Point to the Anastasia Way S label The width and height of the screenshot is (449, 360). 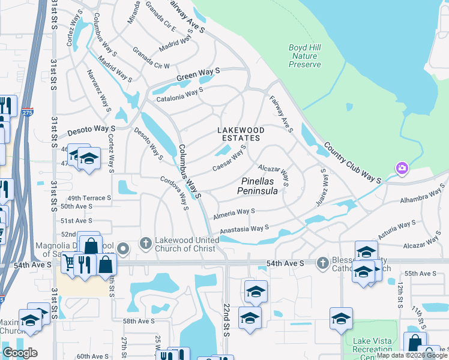tap(244, 229)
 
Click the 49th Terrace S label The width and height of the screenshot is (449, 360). tap(89, 197)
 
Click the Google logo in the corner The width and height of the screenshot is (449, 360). tap(20, 353)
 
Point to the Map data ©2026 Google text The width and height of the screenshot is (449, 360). tap(412, 355)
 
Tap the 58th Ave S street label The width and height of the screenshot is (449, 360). tap(139, 322)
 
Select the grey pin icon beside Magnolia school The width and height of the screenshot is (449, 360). tap(123, 248)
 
